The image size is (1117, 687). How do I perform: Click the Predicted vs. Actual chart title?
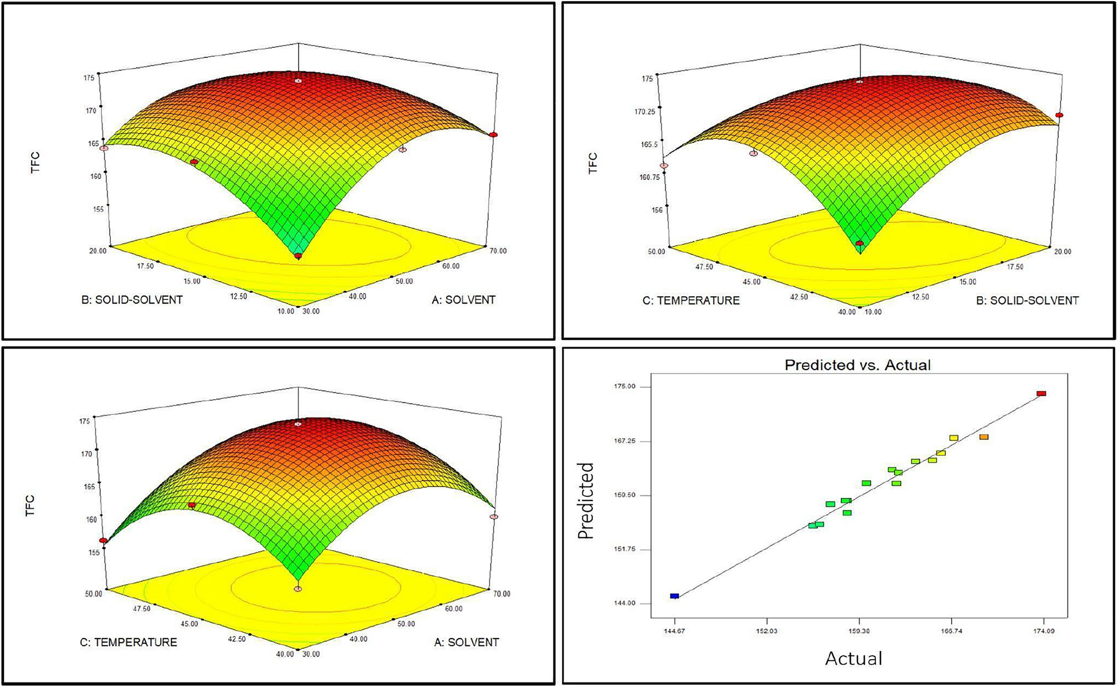[x=858, y=365]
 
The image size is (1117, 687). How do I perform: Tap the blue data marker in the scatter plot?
[x=674, y=596]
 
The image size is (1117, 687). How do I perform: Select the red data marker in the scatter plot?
[x=1041, y=394]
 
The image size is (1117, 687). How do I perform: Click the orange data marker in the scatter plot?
[x=984, y=437]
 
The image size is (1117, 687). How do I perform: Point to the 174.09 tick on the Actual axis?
[x=1043, y=631]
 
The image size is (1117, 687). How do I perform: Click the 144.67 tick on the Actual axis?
[x=674, y=631]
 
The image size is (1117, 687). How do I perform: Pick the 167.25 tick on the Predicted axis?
[x=624, y=441]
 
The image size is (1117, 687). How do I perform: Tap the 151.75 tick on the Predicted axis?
[x=624, y=549]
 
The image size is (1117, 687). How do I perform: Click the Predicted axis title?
[x=586, y=500]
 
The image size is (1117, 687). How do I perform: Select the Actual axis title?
[x=853, y=659]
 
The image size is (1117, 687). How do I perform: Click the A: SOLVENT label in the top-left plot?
[x=463, y=300]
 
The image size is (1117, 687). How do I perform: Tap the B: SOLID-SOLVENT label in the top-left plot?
[x=132, y=300]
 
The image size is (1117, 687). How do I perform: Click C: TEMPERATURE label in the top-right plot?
[x=691, y=301]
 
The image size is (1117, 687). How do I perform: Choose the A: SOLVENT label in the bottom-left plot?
[x=466, y=642]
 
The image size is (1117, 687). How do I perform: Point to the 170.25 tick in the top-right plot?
[x=645, y=112]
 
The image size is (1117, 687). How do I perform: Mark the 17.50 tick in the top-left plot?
[x=145, y=266]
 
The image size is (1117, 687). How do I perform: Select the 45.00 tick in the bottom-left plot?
[x=189, y=624]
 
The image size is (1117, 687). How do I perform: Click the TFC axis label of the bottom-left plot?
[x=31, y=506]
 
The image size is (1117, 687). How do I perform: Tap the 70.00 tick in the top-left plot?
[x=498, y=251]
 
